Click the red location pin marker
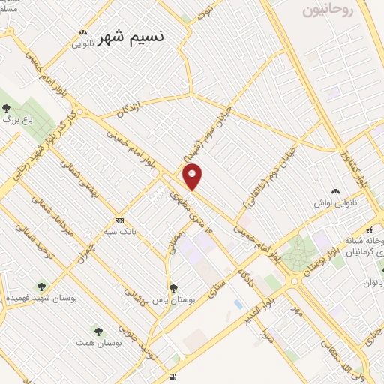(193, 177)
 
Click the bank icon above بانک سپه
(120, 220)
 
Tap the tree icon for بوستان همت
(98, 330)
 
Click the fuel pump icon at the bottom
(173, 376)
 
